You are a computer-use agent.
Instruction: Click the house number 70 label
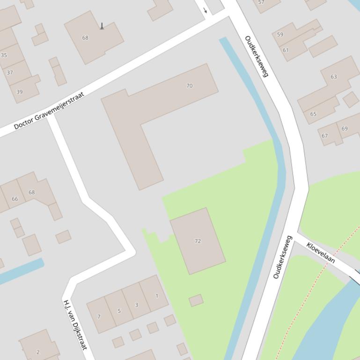tap(190, 86)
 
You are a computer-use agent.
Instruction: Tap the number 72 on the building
tap(198, 241)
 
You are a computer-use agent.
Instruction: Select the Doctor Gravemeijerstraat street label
tap(49, 110)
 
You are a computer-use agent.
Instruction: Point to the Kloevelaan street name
tap(321, 252)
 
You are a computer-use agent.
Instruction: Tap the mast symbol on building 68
tap(102, 26)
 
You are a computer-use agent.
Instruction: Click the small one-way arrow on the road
tap(205, 10)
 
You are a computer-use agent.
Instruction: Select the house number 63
tap(334, 77)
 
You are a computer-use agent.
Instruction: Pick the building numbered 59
tap(280, 34)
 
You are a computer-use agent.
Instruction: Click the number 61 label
tap(286, 50)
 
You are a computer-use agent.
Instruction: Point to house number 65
tap(313, 114)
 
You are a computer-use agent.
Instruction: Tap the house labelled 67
tap(324, 136)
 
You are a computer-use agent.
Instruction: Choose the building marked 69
tap(345, 128)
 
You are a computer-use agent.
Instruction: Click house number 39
tap(19, 92)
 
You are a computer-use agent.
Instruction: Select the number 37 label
tap(10, 72)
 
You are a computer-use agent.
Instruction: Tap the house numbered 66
tap(15, 199)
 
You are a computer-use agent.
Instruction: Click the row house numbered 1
tap(157, 295)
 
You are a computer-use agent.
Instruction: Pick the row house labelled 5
tap(119, 311)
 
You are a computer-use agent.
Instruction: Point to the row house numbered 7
tap(98, 317)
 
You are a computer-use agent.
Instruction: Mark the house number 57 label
tap(261, 2)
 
